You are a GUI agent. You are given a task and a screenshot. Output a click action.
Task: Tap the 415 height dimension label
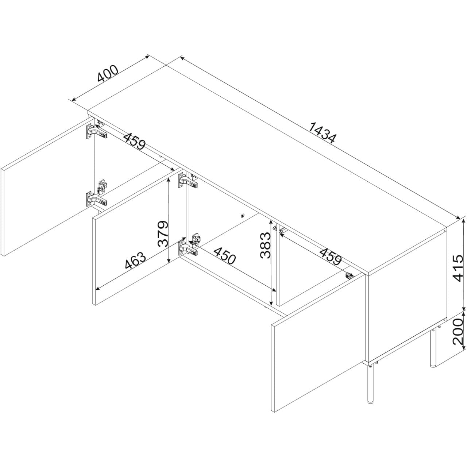point(457,268)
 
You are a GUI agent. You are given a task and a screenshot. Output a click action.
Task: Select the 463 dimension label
point(135,261)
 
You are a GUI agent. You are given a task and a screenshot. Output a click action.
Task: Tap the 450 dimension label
point(225,256)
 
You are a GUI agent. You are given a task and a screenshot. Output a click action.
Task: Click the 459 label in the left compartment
point(134,141)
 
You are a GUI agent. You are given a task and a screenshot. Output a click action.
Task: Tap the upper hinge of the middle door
point(188,180)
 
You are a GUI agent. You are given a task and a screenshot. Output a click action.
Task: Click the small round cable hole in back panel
point(242,216)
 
